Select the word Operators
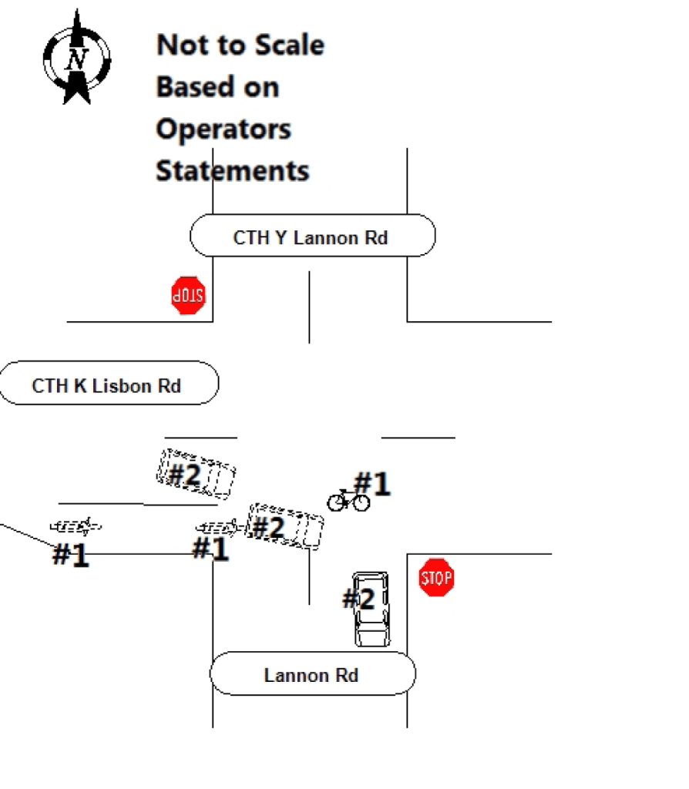click(x=224, y=129)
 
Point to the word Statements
click(x=233, y=170)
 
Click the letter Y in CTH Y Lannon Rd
click(x=281, y=237)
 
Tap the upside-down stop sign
click(x=189, y=295)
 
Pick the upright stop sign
click(x=436, y=577)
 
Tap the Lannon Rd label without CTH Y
click(x=312, y=675)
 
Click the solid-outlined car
click(x=371, y=609)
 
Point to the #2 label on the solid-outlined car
click(x=358, y=599)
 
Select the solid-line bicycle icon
click(x=348, y=500)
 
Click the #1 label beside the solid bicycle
click(x=372, y=484)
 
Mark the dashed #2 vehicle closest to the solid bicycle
click(x=285, y=526)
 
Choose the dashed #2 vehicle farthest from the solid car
click(x=197, y=474)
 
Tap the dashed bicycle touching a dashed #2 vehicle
click(x=220, y=527)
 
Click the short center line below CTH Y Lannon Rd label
click(x=309, y=307)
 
